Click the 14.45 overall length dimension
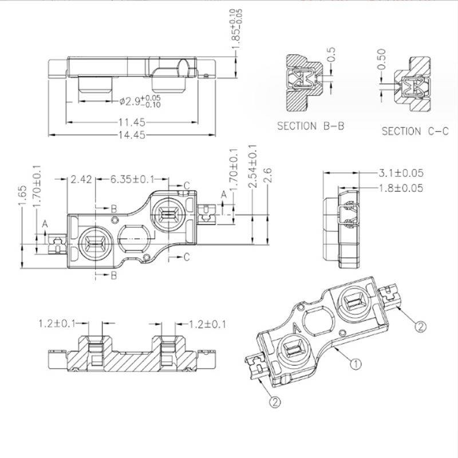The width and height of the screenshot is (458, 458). (x=132, y=135)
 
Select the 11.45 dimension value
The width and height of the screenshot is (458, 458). (x=132, y=122)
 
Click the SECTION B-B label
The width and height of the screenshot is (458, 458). (x=311, y=126)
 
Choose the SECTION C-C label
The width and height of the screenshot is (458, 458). (x=415, y=131)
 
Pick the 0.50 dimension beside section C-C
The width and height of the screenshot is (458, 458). (x=382, y=59)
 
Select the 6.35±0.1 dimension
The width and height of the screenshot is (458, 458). (x=133, y=179)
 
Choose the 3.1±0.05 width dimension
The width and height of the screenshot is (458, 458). (x=401, y=173)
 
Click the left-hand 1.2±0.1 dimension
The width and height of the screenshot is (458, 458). (x=56, y=325)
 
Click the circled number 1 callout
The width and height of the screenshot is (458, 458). (x=355, y=363)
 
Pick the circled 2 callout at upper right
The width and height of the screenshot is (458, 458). (x=421, y=327)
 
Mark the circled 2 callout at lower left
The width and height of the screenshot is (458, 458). (x=274, y=402)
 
